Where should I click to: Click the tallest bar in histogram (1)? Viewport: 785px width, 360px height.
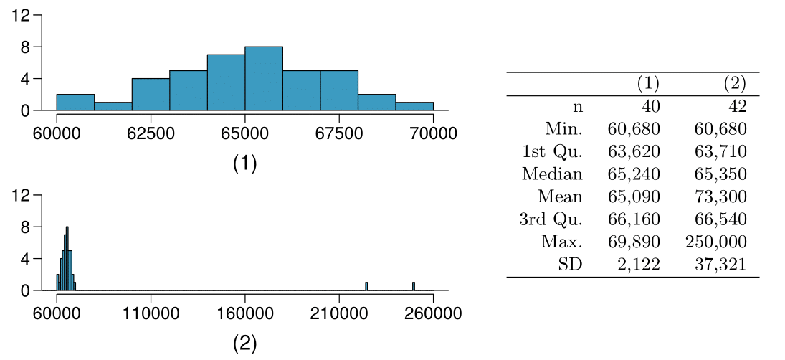click(264, 79)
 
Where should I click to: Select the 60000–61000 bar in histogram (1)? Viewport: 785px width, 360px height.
click(75, 103)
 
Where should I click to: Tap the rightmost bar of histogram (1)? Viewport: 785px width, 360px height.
click(414, 106)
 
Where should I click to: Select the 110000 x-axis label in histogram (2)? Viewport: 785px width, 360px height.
click(151, 314)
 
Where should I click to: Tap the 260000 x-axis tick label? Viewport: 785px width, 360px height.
click(433, 314)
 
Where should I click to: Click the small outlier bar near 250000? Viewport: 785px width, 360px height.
click(414, 286)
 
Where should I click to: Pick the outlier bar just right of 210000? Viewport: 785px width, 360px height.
click(366, 286)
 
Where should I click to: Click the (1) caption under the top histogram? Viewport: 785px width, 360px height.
click(244, 164)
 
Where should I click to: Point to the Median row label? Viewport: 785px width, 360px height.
click(552, 174)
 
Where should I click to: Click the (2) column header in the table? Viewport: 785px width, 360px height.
click(734, 84)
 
